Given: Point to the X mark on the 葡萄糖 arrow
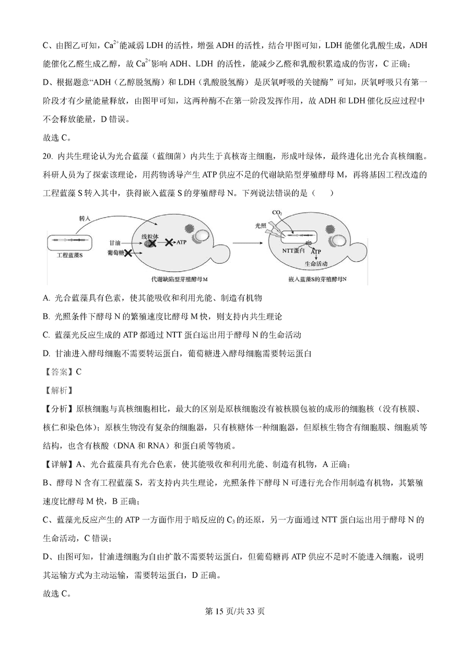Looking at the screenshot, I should click(127, 253).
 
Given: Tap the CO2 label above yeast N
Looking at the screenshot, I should click(277, 213).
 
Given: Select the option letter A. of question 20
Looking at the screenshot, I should click(46, 298).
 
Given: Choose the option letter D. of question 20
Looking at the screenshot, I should click(46, 354).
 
